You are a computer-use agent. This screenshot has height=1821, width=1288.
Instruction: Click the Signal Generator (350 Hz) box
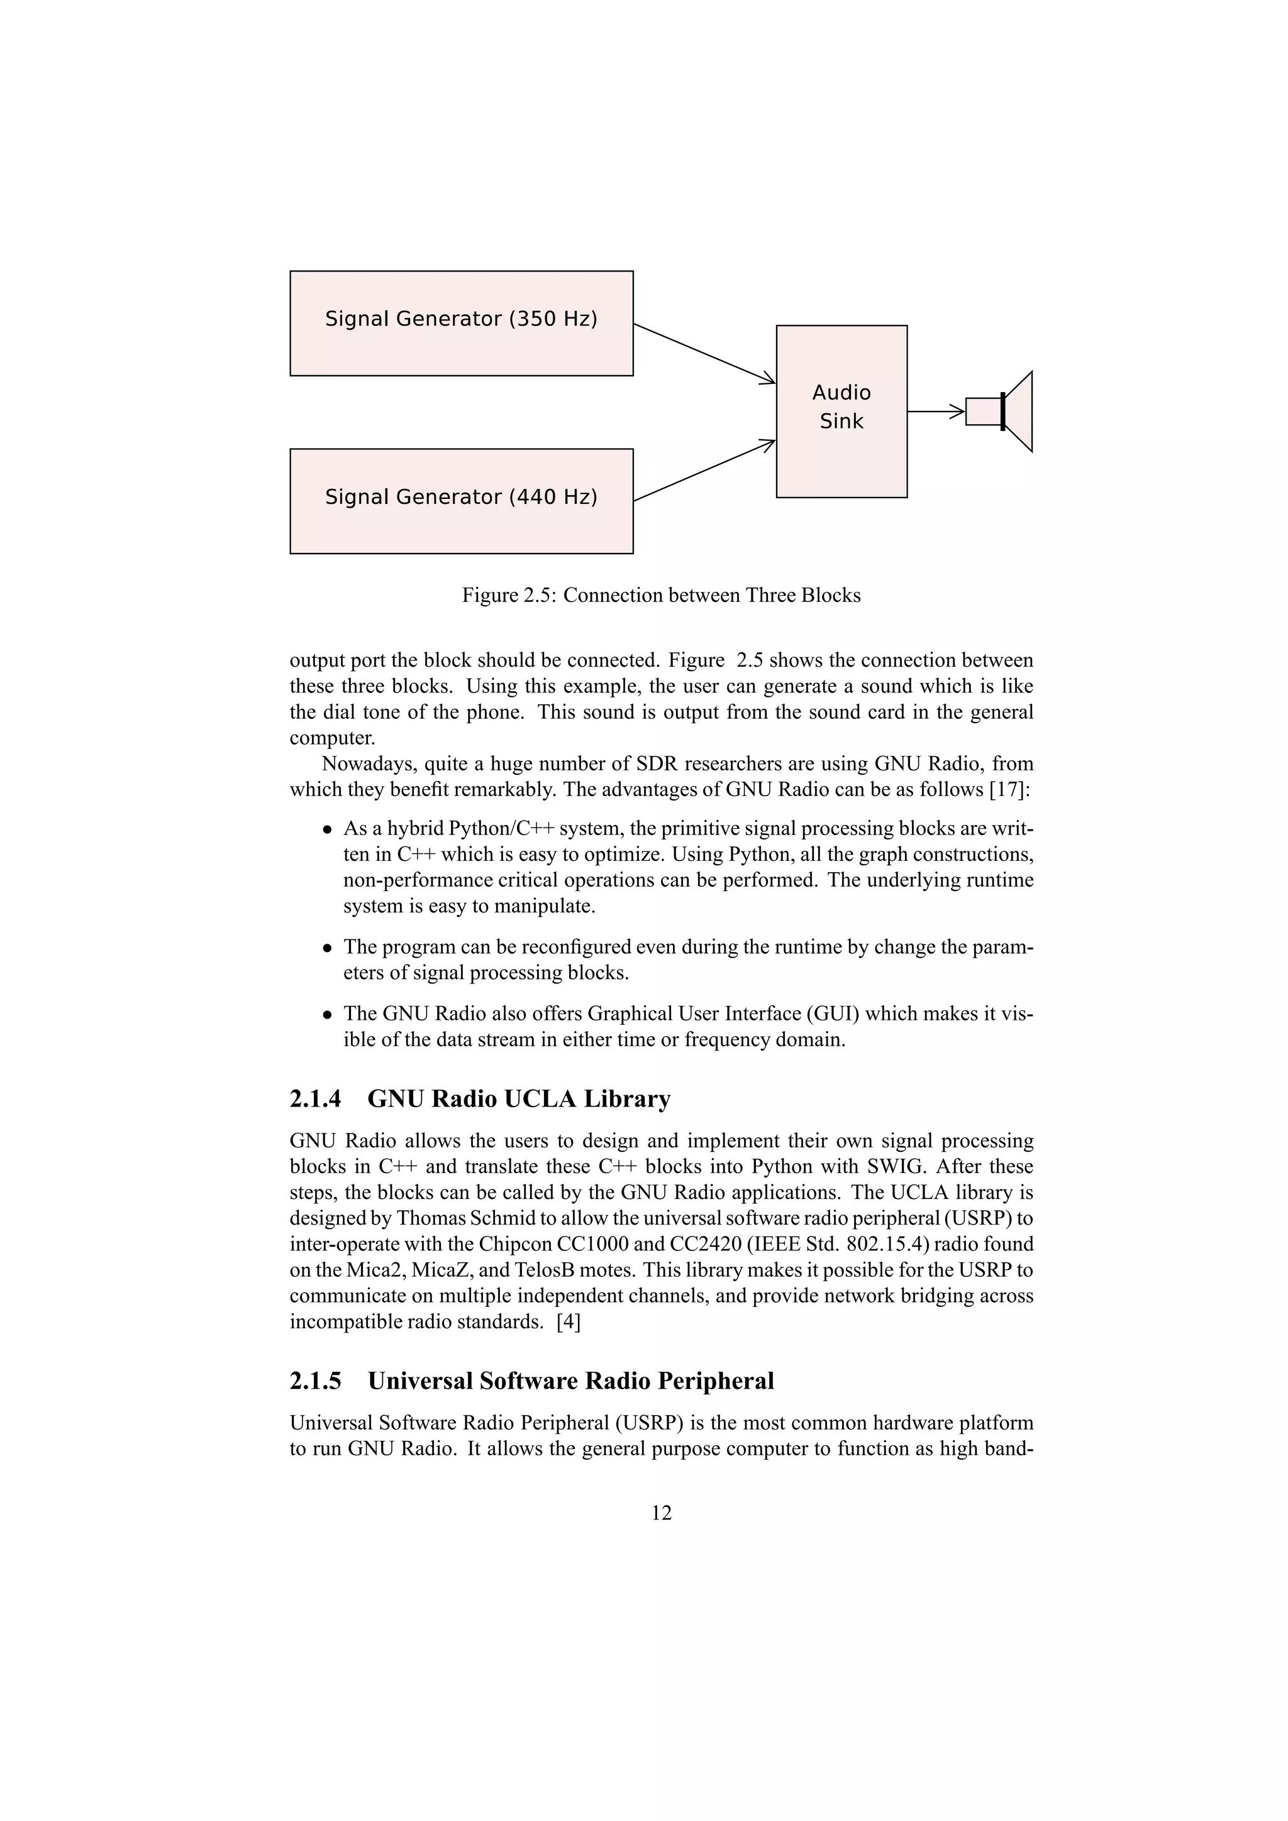point(461,323)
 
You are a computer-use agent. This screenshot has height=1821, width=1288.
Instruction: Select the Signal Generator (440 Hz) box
point(461,500)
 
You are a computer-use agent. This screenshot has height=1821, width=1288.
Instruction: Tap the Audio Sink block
point(841,411)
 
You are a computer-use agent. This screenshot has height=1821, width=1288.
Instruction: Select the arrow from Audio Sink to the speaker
point(936,412)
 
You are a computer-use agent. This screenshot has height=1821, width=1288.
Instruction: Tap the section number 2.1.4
point(315,1098)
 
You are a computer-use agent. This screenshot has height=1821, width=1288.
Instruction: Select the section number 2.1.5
point(315,1381)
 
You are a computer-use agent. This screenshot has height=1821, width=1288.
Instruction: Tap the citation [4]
point(568,1322)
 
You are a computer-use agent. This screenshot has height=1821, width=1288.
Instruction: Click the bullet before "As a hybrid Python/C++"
point(326,829)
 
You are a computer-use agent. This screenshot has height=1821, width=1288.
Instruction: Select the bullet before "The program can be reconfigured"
point(326,948)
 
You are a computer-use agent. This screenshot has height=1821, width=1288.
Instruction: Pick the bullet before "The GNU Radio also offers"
point(326,1014)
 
